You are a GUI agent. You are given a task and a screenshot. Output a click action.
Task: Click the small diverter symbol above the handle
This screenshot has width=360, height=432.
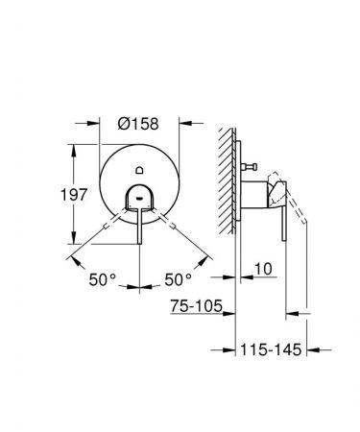tap(141, 169)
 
